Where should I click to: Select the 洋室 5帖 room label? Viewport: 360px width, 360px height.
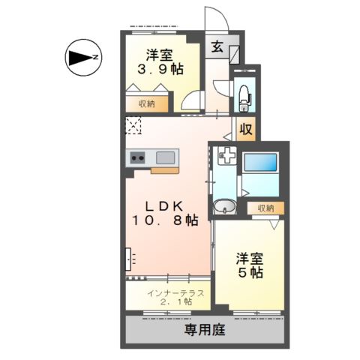coord(250,265)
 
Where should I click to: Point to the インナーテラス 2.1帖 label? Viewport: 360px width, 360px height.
coord(169,297)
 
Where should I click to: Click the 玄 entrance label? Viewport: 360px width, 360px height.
coord(216,47)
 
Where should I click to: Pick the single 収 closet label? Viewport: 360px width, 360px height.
coord(245,129)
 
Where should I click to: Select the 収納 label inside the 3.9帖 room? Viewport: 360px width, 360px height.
coord(146,104)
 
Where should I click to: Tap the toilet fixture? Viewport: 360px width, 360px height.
coord(244,95)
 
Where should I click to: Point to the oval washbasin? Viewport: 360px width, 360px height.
coord(224,207)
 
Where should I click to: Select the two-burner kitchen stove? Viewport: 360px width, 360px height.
coord(138,157)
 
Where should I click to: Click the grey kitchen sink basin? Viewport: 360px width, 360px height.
coord(166,157)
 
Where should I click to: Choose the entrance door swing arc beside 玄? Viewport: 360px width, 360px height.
coord(215,19)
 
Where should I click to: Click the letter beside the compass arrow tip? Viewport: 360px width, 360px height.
coord(97,56)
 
